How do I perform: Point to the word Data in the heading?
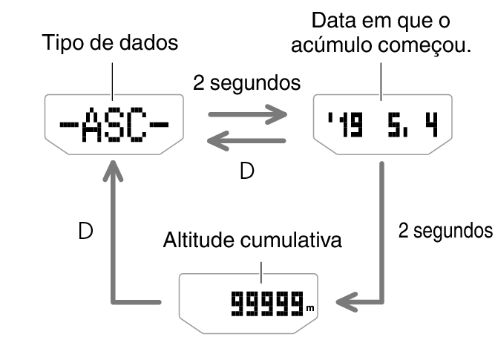click(x=330, y=21)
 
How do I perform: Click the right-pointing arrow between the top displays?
click(x=248, y=115)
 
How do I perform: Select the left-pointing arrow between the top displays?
click(x=248, y=140)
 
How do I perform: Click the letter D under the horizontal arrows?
click(x=246, y=172)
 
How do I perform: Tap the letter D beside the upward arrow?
click(x=86, y=232)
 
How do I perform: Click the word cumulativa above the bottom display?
click(x=293, y=242)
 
